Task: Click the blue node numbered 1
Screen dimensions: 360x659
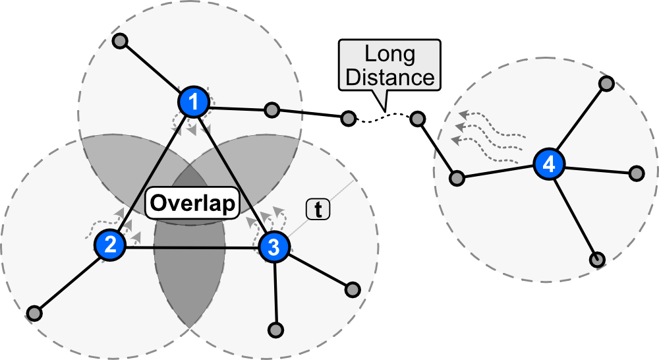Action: [193, 102]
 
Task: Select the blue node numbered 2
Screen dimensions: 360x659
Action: [110, 245]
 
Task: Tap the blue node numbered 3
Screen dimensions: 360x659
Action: [273, 247]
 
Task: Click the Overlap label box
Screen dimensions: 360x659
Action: [192, 203]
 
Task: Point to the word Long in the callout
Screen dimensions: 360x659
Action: [389, 53]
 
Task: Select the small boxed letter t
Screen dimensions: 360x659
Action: [318, 210]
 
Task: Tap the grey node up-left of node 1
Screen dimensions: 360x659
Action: [119, 42]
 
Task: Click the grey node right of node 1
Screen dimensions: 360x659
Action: [270, 110]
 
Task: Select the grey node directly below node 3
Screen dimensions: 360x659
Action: [277, 328]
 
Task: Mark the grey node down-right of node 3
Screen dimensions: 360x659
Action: [353, 289]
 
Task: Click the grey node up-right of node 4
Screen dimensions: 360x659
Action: [606, 84]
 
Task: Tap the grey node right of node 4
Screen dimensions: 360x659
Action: [636, 173]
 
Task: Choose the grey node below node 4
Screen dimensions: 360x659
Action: [596, 259]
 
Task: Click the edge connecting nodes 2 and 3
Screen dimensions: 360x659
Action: [191, 247]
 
